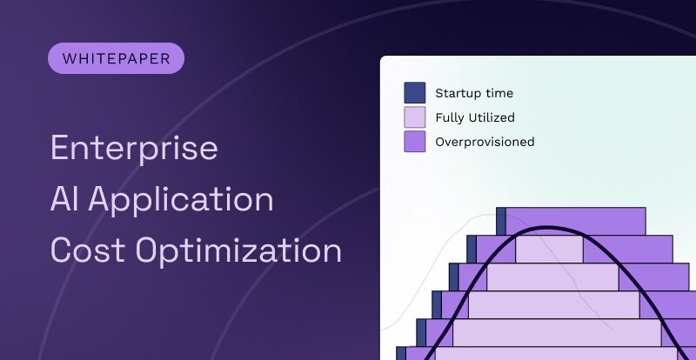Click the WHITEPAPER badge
[116, 58]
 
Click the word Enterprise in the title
[134, 149]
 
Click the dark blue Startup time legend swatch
[415, 93]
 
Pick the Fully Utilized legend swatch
[415, 117]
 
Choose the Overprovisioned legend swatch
[415, 142]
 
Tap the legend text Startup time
[474, 93]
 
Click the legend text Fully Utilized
[475, 117]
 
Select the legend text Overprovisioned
[485, 142]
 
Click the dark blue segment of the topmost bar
[501, 221]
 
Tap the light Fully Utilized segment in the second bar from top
[549, 249]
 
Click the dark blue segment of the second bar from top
[472, 249]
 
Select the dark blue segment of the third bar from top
[453, 277]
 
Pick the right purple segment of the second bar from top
[623, 249]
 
